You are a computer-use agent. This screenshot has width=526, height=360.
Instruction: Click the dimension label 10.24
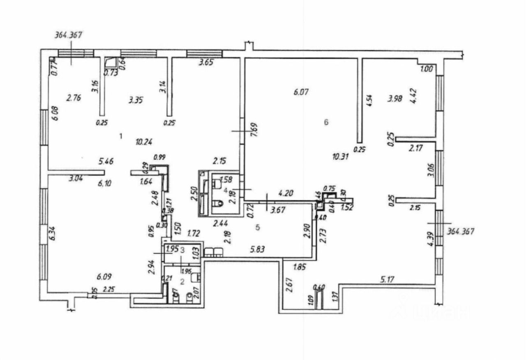pyautogui.click(x=144, y=142)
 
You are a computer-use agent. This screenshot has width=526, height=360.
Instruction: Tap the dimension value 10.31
pyautogui.click(x=341, y=156)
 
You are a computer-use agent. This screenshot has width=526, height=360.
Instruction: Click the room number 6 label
pyautogui.click(x=326, y=122)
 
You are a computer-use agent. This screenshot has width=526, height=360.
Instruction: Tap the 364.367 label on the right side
pyautogui.click(x=460, y=231)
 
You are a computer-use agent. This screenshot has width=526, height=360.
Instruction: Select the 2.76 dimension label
pyautogui.click(x=75, y=98)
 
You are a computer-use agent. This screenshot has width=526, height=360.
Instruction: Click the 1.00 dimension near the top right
pyautogui.click(x=427, y=69)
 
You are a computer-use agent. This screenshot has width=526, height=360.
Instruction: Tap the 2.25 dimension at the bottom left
pyautogui.click(x=109, y=289)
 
